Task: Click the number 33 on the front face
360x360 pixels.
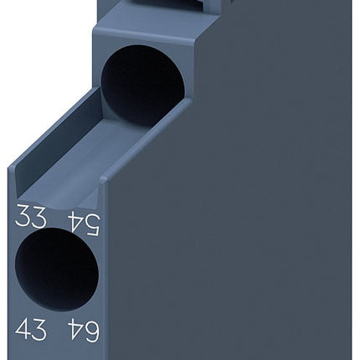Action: [x=31, y=220]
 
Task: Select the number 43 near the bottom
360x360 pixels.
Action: [x=31, y=330]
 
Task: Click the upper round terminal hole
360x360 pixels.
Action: [x=142, y=85]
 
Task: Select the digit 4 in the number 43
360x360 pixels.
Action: [x=23, y=330]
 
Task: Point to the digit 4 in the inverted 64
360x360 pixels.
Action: [x=73, y=331]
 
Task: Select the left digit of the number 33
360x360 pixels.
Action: [x=23, y=220]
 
